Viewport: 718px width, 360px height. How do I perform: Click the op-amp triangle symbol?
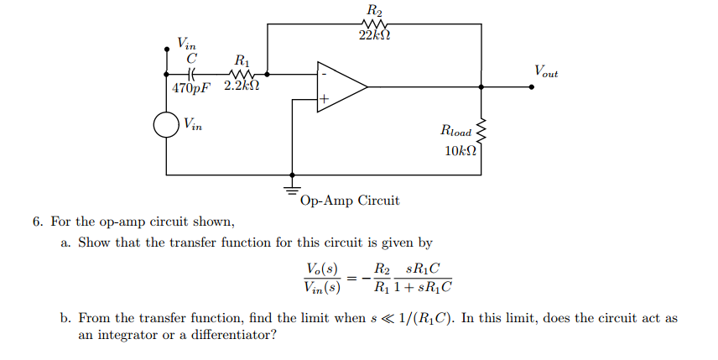(x=339, y=86)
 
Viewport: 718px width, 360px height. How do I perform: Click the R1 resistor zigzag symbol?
(x=242, y=73)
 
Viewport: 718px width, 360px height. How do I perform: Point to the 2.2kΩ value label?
(x=242, y=87)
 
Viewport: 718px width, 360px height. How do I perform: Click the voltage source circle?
(x=166, y=127)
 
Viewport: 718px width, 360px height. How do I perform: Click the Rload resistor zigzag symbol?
(x=481, y=131)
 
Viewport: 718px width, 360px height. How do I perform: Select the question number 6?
(x=38, y=222)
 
